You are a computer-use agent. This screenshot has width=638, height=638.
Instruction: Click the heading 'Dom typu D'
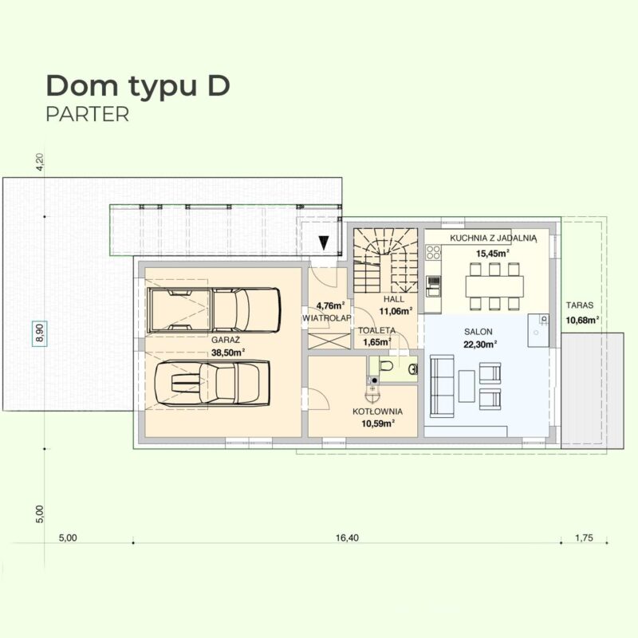pyautogui.click(x=138, y=87)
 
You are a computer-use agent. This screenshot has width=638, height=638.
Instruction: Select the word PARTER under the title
pyautogui.click(x=88, y=114)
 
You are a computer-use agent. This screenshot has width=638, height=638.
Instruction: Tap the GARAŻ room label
pyautogui.click(x=226, y=340)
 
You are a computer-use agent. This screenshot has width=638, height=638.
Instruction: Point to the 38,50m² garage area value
pyautogui.click(x=228, y=352)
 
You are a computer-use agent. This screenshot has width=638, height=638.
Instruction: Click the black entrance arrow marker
pyautogui.click(x=324, y=242)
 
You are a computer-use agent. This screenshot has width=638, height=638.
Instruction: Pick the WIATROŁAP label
pyautogui.click(x=326, y=317)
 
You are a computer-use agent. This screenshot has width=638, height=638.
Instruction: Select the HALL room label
pyautogui.click(x=394, y=299)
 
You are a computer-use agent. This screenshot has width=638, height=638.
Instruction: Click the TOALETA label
pyautogui.click(x=376, y=330)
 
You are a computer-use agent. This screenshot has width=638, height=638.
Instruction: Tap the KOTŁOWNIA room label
pyautogui.click(x=377, y=412)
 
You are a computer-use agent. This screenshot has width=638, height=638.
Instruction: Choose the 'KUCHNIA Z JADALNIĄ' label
pyautogui.click(x=493, y=238)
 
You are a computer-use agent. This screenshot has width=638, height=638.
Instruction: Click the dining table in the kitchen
pyautogui.click(x=494, y=286)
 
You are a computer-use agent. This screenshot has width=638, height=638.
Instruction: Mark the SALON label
pyautogui.click(x=478, y=332)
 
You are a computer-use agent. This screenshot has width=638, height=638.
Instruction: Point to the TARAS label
pyautogui.click(x=580, y=305)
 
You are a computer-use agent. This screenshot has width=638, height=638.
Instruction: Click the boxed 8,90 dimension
pyautogui.click(x=40, y=333)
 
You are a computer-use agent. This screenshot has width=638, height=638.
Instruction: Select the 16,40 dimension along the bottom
pyautogui.click(x=347, y=538)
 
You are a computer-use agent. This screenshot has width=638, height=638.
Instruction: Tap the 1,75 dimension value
pyautogui.click(x=584, y=538)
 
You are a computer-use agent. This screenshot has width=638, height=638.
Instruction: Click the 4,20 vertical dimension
pyautogui.click(x=40, y=162)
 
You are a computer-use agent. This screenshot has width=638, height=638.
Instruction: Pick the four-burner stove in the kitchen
pyautogui.click(x=433, y=252)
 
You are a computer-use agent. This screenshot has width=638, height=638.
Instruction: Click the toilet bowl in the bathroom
pyautogui.click(x=385, y=366)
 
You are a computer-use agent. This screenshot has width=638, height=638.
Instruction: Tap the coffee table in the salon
pyautogui.click(x=467, y=386)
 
